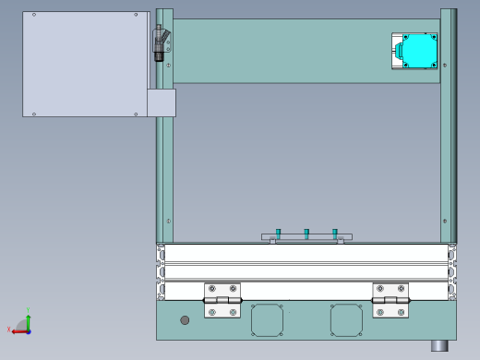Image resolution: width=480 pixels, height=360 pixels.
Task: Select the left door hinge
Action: (x=222, y=300)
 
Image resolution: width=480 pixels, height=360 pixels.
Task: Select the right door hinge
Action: (x=390, y=300)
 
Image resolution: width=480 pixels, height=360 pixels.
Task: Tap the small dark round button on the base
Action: (x=185, y=320)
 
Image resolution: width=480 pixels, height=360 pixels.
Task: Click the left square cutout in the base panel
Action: (x=267, y=320)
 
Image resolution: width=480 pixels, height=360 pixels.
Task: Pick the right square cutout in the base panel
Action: (x=346, y=320)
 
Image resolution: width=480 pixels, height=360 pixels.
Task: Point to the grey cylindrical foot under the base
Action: (x=439, y=345)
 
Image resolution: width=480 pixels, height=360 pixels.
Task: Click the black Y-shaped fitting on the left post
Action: (x=161, y=42)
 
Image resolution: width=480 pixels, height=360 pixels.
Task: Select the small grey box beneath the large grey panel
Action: (x=162, y=102)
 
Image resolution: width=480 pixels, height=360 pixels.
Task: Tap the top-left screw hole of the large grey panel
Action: (x=33, y=15)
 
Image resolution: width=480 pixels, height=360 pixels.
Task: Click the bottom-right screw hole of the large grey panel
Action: (x=137, y=114)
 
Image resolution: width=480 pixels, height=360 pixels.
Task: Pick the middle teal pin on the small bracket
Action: (x=306, y=233)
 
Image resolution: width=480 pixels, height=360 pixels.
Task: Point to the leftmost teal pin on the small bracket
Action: (x=278, y=233)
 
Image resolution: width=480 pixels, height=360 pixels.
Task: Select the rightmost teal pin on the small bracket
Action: (x=335, y=233)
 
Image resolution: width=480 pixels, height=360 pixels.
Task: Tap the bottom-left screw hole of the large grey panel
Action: (x=33, y=114)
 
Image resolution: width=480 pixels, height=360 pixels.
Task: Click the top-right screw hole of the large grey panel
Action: (x=137, y=15)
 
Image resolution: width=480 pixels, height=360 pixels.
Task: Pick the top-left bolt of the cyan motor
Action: (x=406, y=38)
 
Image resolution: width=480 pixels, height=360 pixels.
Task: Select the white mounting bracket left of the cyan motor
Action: (x=397, y=52)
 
